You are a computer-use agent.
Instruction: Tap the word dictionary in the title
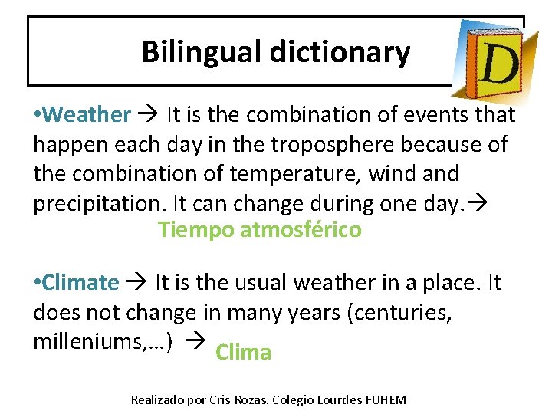[339, 52]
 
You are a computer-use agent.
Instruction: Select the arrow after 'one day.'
[485, 203]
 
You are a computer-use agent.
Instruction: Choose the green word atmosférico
[301, 229]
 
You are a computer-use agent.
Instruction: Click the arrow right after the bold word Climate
[138, 282]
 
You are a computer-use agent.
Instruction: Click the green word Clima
[244, 353]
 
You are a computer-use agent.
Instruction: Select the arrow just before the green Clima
[197, 342]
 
